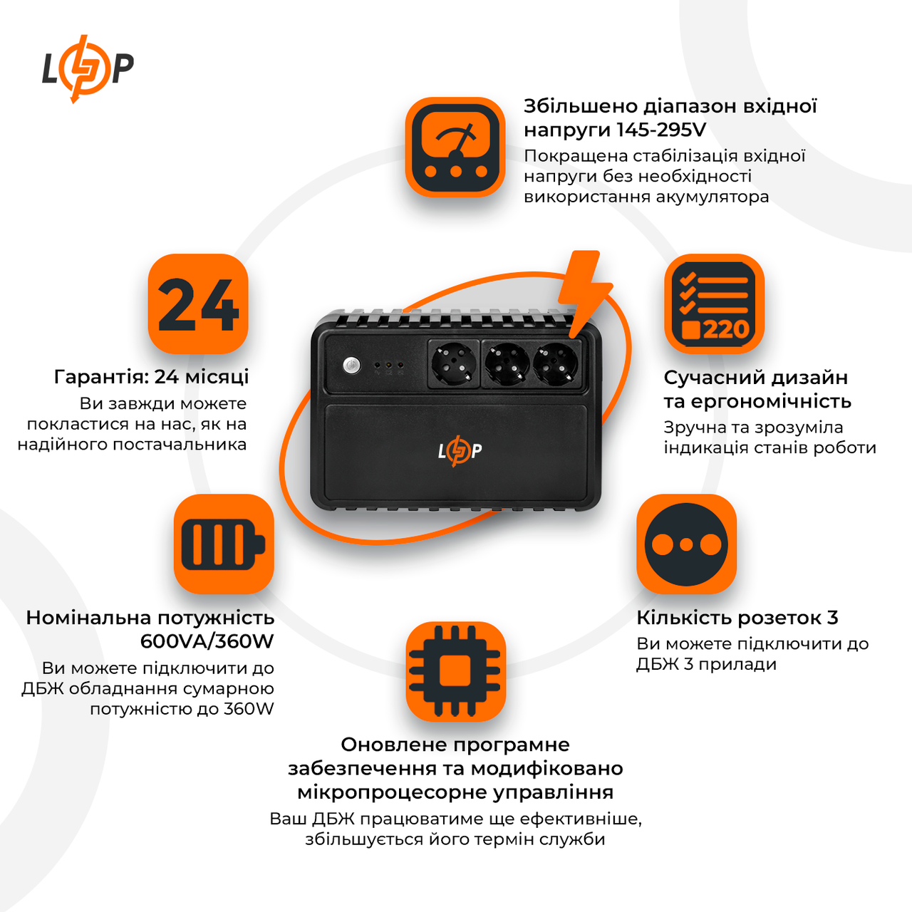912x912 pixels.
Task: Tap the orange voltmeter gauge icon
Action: (x=455, y=147)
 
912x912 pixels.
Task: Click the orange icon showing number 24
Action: (x=198, y=304)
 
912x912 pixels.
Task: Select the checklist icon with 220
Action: (x=714, y=304)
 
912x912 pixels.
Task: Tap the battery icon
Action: (x=224, y=544)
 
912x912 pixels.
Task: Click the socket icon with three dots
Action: (x=686, y=544)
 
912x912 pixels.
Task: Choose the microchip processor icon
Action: (x=455, y=671)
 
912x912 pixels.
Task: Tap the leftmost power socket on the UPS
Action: (x=454, y=363)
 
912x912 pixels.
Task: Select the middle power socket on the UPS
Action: (x=507, y=363)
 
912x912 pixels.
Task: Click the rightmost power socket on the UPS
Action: (x=556, y=363)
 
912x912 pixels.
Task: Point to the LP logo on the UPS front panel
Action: (x=460, y=450)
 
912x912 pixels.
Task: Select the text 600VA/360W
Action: (x=207, y=641)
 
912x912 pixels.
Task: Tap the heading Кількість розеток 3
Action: (x=737, y=618)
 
